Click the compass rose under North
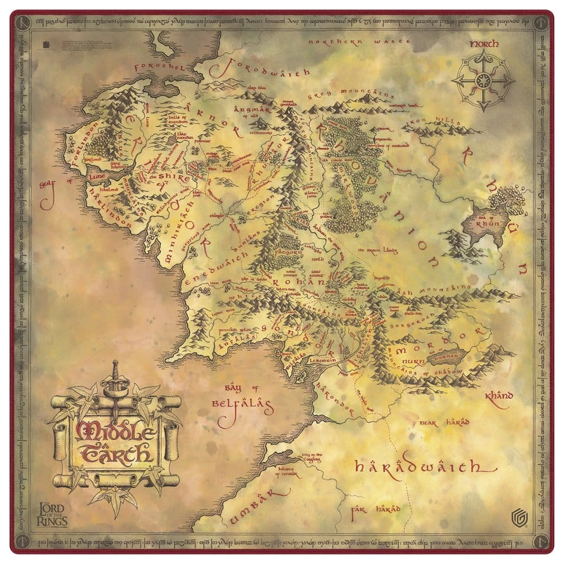483,81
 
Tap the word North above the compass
484,44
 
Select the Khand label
499,396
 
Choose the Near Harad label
444,423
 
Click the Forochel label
160,67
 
